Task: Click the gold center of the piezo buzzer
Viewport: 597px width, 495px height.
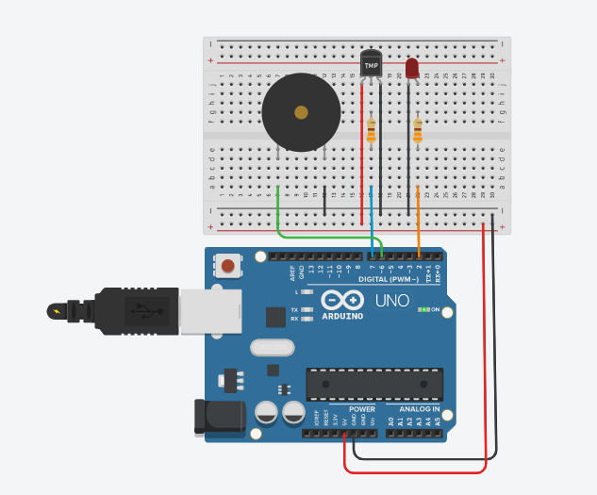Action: (301, 113)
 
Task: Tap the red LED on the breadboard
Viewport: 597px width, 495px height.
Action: (411, 69)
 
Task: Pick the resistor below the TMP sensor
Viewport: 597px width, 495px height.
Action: (371, 130)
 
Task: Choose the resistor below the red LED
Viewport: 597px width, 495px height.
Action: (418, 129)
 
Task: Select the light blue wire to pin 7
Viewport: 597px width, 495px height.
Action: (373, 222)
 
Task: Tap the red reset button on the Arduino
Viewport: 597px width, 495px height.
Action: (227, 266)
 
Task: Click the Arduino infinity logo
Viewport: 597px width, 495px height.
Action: (341, 301)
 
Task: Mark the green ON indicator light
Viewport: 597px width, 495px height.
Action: (425, 308)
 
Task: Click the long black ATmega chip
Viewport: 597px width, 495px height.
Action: (373, 383)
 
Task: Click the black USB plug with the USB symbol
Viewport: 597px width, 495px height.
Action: (141, 310)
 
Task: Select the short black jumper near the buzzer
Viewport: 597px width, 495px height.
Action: (324, 201)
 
